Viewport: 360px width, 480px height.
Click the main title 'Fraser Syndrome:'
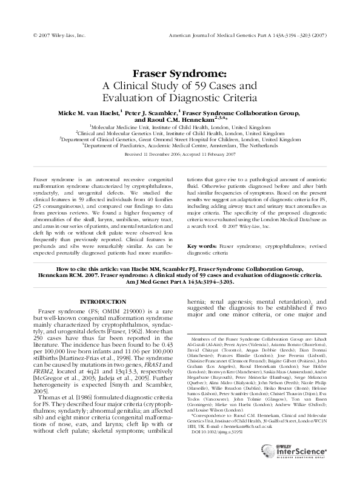179,73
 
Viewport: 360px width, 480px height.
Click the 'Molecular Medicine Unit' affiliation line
180,128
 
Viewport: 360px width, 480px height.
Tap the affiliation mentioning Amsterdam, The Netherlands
180,146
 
